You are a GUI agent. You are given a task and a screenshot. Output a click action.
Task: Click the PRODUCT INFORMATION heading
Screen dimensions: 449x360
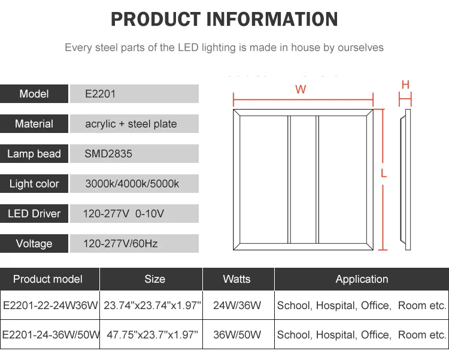[x=224, y=19]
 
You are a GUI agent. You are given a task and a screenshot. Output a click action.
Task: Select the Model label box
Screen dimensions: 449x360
[x=34, y=93]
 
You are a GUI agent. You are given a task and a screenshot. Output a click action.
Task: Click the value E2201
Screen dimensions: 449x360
[x=100, y=93]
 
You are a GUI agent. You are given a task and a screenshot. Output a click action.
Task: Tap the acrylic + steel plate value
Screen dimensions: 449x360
[x=131, y=124]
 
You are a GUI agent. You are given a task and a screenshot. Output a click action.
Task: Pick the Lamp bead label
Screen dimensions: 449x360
[x=34, y=153]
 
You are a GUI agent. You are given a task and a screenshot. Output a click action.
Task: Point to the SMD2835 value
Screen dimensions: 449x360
[x=108, y=153]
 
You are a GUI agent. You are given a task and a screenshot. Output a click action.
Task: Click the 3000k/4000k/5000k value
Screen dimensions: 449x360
[x=132, y=184]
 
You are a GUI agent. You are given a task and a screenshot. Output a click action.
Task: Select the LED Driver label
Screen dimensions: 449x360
[x=34, y=213]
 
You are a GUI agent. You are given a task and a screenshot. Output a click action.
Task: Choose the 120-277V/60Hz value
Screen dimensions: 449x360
[x=120, y=244]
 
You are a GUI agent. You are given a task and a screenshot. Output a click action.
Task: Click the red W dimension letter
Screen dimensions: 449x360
[x=301, y=89]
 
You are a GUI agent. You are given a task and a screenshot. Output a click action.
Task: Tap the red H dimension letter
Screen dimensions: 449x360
[x=405, y=84]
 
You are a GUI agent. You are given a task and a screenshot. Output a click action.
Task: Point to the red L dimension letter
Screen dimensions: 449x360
[x=384, y=173]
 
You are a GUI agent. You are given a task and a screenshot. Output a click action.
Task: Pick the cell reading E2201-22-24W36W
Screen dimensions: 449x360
[x=50, y=305]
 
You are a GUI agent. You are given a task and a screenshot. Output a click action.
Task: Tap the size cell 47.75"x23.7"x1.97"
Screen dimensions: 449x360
[x=151, y=334]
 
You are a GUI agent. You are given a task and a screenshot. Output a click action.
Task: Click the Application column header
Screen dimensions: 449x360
[x=362, y=279]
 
